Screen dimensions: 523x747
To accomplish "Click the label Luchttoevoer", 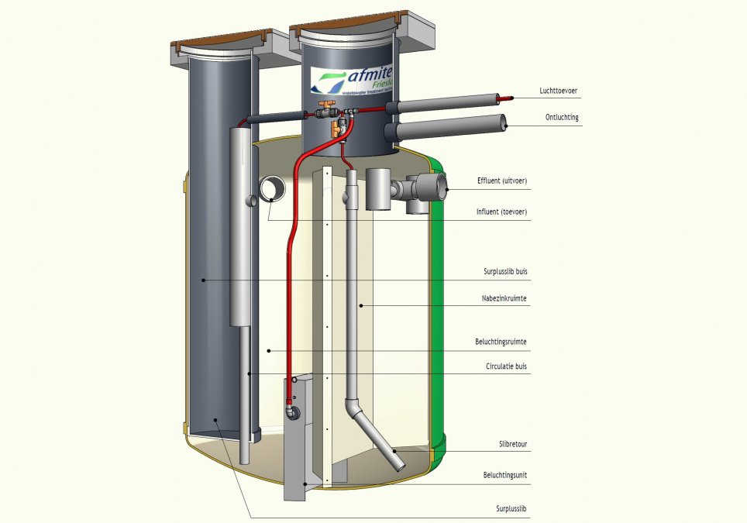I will [x=558, y=91].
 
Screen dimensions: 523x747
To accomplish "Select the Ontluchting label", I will [x=562, y=118].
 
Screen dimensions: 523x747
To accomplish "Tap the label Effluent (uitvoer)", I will [x=502, y=181].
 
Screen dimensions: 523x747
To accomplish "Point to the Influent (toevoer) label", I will [x=503, y=212].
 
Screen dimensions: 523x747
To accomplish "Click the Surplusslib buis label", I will [x=505, y=272].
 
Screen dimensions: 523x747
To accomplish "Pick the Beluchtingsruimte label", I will [x=502, y=341].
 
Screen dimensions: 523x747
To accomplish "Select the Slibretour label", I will [x=514, y=445].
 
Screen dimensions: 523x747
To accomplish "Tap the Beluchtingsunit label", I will [x=506, y=474].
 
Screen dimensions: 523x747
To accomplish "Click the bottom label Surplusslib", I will [x=512, y=509].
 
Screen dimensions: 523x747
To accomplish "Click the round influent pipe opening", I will [x=273, y=188].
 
